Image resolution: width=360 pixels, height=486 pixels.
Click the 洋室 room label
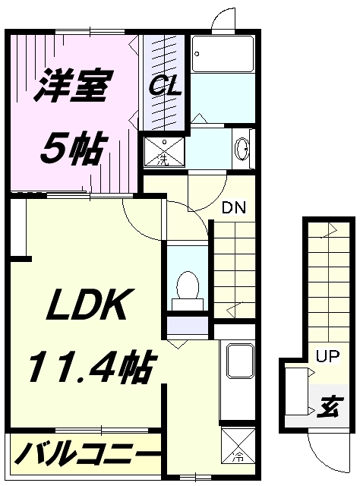74,86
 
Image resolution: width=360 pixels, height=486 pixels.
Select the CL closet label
165,87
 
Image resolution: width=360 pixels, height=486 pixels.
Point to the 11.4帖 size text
91,365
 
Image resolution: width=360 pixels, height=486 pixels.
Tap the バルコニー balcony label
87,453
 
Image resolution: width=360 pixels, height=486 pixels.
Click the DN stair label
234,207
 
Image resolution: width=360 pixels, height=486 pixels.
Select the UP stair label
327,356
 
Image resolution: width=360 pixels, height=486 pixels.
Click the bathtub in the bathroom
222,54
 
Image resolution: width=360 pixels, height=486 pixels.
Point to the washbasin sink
242,149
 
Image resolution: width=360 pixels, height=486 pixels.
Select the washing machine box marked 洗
164,152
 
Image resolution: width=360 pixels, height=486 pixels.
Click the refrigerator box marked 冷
238,446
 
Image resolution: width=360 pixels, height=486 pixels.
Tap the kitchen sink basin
240,360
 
